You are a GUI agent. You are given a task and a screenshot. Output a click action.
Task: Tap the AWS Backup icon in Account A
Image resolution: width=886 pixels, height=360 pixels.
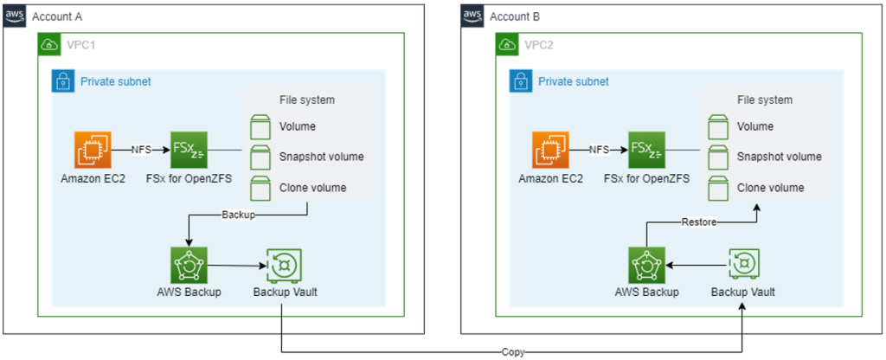[189, 264]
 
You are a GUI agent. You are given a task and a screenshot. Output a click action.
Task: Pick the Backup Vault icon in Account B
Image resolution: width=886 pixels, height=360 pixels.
[742, 264]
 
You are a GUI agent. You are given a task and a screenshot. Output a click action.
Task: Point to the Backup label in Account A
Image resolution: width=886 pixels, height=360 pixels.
[238, 213]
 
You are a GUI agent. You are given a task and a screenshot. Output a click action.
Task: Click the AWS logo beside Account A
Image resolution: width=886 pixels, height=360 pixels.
[15, 16]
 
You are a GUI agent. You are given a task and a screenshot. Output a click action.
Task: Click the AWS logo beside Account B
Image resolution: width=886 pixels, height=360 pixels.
[472, 16]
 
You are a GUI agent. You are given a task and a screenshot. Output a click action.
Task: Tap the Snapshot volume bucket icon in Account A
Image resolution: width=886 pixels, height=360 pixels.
[257, 157]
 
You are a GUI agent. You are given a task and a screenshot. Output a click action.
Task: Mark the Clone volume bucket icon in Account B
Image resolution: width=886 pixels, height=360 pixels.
[715, 188]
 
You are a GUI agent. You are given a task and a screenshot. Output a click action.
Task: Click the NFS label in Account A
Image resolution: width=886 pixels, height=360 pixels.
[142, 150]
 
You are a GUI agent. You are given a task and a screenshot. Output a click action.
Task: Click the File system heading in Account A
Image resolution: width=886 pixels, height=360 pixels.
[307, 100]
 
